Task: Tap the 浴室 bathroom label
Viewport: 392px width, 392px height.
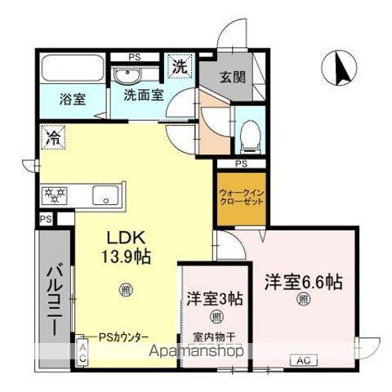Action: tap(72, 100)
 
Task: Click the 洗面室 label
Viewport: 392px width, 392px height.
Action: tap(143, 95)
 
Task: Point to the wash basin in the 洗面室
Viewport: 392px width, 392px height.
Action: tap(126, 76)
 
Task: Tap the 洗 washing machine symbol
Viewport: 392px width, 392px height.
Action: tap(177, 65)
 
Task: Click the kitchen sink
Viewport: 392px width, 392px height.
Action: tap(105, 196)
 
